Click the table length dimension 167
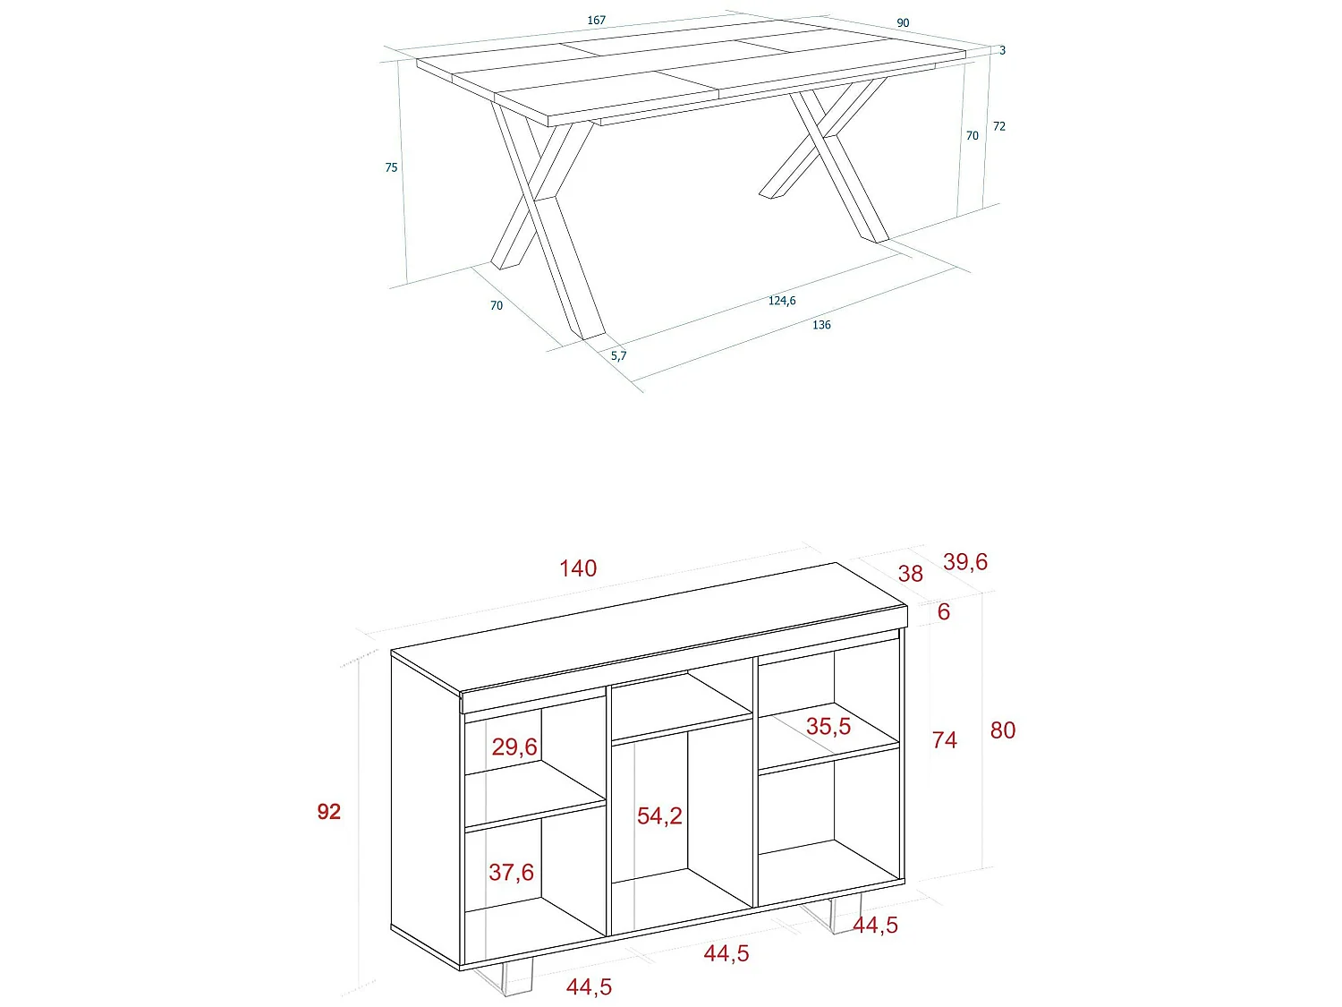[597, 20]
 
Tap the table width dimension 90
[903, 23]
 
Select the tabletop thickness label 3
[1003, 51]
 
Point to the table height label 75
[391, 167]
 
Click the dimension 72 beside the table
[999, 126]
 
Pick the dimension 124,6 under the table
[782, 301]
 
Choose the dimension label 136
[821, 325]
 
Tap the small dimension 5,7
[618, 355]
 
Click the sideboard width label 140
[578, 568]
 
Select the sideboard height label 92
[328, 811]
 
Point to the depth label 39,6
[965, 561]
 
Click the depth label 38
[910, 574]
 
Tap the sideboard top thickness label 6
[943, 611]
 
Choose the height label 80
[1003, 730]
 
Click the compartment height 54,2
[659, 815]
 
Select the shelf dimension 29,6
[514, 747]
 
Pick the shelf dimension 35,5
[828, 726]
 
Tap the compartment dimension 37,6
[511, 872]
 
